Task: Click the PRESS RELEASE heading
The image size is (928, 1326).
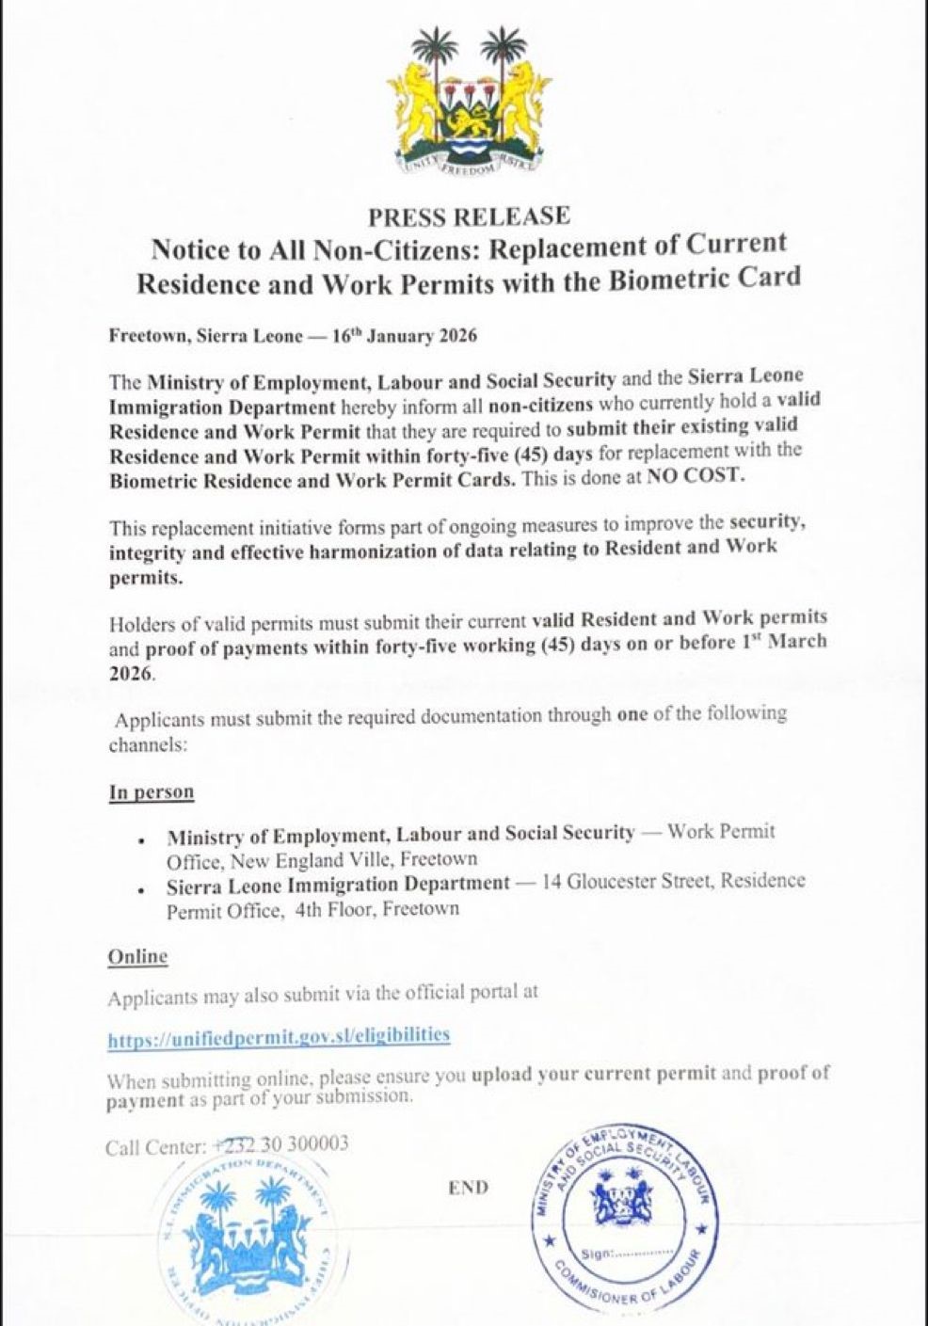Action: [x=469, y=216]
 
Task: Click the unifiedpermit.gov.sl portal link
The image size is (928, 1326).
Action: [x=279, y=1036]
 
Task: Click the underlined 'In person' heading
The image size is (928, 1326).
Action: [x=152, y=791]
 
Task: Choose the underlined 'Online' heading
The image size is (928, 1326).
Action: [x=137, y=957]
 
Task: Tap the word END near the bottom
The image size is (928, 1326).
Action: [x=469, y=1188]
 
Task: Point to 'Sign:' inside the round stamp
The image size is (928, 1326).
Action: [x=598, y=1254]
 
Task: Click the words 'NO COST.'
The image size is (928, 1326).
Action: [x=695, y=476]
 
